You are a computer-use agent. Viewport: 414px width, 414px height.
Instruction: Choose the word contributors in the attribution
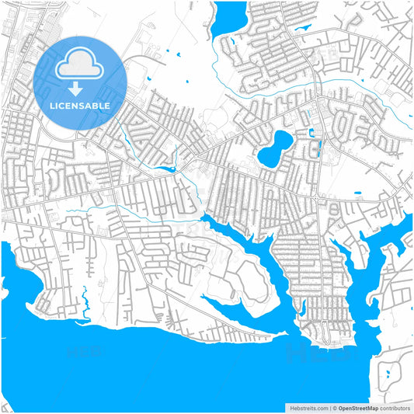[x=395, y=407]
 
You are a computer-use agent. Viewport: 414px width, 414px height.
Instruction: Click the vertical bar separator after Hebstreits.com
[x=330, y=407]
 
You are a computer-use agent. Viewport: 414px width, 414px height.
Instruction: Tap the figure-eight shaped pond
[x=274, y=148]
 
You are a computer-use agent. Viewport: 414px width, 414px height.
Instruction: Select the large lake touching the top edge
[x=230, y=17]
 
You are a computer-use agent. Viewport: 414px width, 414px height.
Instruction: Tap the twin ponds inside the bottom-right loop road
[x=388, y=376]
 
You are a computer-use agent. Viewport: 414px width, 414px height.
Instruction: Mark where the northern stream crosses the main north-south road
[x=318, y=82]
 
